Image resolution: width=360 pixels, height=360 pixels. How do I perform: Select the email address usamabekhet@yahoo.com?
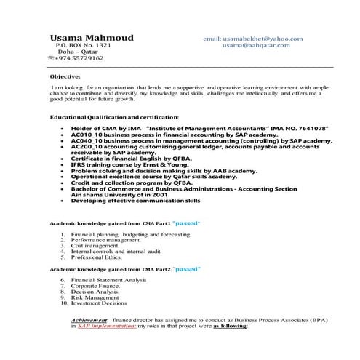tap(263, 38)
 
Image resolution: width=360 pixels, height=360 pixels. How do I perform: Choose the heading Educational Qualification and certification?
tap(114, 116)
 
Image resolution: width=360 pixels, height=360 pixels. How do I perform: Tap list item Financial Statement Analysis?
tap(109, 280)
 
